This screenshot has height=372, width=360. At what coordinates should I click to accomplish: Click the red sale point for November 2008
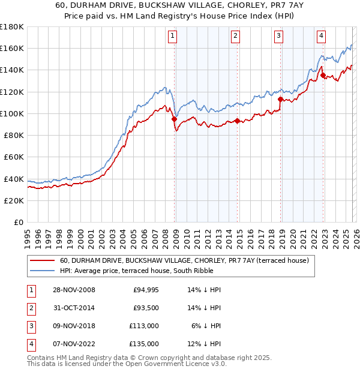[x=175, y=119]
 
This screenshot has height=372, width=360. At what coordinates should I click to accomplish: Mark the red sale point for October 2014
[x=238, y=121]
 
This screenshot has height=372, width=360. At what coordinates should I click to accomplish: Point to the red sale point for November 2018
[x=281, y=100]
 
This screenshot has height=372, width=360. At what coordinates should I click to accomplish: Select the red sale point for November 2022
[x=323, y=76]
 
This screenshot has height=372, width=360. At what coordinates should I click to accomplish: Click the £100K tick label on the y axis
[x=11, y=113]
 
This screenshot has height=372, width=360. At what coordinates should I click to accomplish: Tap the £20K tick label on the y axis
[x=13, y=200]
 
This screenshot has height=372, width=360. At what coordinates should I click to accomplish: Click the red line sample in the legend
[x=42, y=260]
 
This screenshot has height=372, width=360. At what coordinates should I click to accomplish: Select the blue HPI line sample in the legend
[x=42, y=271]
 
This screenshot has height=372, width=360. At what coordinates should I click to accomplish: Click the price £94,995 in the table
[x=145, y=290]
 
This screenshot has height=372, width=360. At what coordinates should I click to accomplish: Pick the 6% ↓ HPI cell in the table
[x=205, y=326]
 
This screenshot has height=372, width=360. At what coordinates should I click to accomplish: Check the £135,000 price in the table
[x=145, y=344]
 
